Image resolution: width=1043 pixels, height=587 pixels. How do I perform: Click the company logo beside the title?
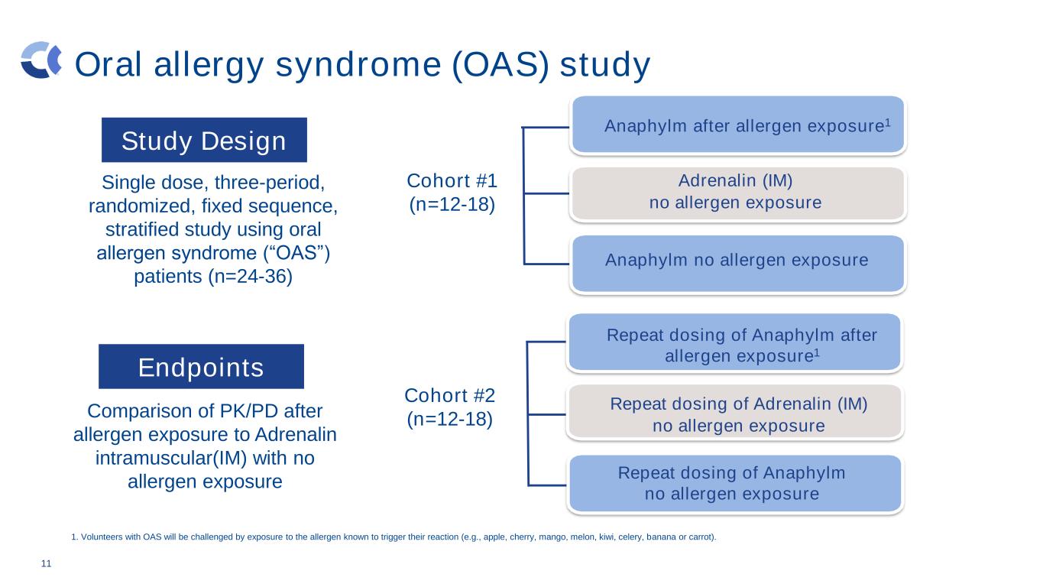click(x=41, y=60)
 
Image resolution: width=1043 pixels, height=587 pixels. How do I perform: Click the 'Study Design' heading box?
click(x=204, y=140)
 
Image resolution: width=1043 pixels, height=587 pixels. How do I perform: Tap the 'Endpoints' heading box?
click(x=201, y=366)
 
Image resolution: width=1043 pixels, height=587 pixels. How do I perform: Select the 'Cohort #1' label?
click(x=452, y=180)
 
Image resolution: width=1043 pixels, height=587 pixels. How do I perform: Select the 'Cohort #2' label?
click(x=449, y=395)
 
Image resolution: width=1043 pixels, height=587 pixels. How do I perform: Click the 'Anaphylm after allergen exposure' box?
click(x=738, y=125)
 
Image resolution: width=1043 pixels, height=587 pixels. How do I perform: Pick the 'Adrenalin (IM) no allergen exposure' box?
click(x=738, y=193)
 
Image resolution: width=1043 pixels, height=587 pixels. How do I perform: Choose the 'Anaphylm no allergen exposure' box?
click(x=738, y=263)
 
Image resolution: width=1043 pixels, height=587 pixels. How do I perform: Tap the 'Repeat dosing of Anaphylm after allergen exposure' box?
click(x=735, y=342)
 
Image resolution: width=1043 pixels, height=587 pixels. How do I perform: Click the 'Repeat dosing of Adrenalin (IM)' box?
click(x=735, y=412)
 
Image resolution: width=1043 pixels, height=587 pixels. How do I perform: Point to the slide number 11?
click(x=46, y=564)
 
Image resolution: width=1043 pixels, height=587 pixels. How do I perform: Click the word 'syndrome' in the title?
click(x=358, y=65)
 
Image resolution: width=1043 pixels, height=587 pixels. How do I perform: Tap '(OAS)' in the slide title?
click(x=500, y=64)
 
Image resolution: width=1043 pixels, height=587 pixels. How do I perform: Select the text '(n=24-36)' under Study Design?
click(x=250, y=277)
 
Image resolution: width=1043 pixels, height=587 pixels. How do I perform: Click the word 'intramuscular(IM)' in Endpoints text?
click(x=171, y=459)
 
